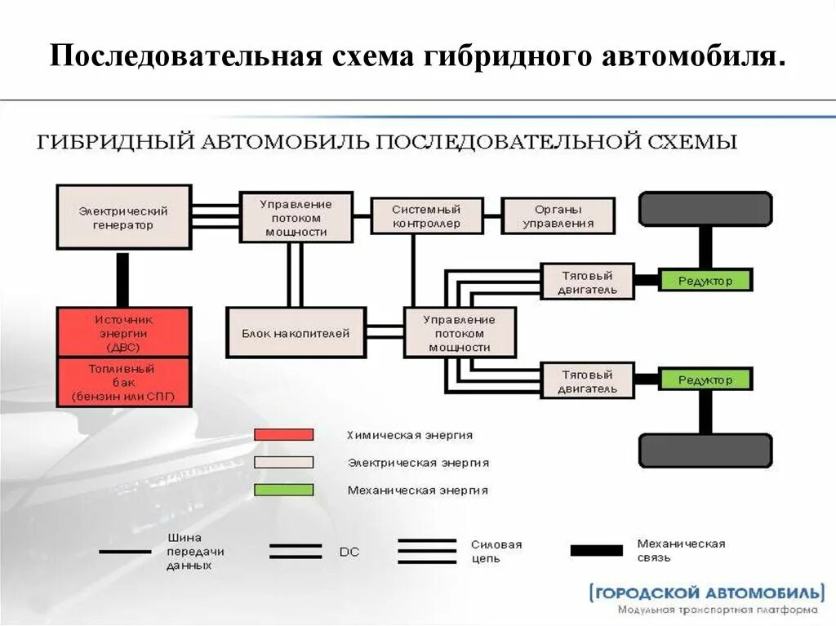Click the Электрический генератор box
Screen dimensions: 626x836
pyautogui.click(x=123, y=217)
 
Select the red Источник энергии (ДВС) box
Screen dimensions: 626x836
pyautogui.click(x=123, y=332)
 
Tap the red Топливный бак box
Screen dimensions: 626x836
pyautogui.click(x=123, y=383)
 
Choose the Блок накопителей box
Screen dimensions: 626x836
pyautogui.click(x=296, y=333)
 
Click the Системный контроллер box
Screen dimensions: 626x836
pyautogui.click(x=426, y=216)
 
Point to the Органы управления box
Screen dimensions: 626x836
pyautogui.click(x=558, y=216)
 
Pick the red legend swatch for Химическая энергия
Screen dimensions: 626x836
pyautogui.click(x=283, y=435)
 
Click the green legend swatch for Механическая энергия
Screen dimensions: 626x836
pyautogui.click(x=283, y=491)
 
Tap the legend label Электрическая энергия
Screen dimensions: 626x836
pyautogui.click(x=418, y=463)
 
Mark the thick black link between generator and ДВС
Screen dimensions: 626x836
pyautogui.click(x=123, y=278)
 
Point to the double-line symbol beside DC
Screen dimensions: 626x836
pyautogui.click(x=295, y=552)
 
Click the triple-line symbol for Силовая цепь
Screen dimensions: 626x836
pyautogui.click(x=426, y=552)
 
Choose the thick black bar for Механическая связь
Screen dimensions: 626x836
pyautogui.click(x=596, y=551)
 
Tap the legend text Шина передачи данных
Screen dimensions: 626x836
pyautogui.click(x=195, y=552)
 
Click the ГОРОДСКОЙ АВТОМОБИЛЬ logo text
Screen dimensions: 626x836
pyautogui.click(x=706, y=592)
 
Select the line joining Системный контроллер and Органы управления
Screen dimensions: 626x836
pyautogui.click(x=492, y=216)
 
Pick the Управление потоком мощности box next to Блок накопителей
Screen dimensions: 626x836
pyautogui.click(x=460, y=333)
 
